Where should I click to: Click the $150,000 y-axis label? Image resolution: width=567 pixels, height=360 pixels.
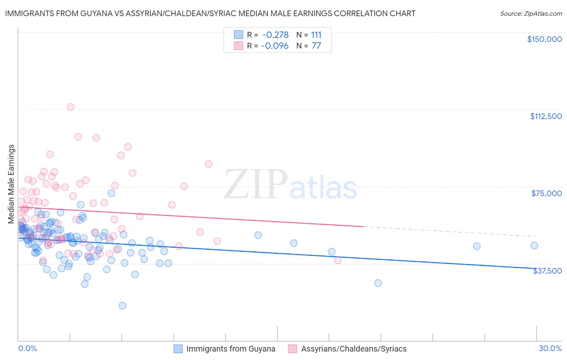point(544,39)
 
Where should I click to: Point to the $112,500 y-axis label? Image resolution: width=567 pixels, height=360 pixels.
point(546,116)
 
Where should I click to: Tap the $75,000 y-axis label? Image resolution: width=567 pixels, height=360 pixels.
point(546,193)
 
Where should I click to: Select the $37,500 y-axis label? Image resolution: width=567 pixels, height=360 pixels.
point(547,271)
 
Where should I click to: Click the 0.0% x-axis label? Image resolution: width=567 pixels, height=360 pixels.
point(27,348)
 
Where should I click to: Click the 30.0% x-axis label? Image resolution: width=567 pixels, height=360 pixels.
point(550,348)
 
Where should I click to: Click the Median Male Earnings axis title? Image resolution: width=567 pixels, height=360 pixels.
point(11,184)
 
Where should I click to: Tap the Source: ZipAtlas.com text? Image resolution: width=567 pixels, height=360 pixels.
point(531,14)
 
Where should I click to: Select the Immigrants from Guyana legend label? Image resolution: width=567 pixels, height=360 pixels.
point(231,349)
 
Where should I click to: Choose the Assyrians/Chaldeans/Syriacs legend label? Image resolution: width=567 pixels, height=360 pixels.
point(354,349)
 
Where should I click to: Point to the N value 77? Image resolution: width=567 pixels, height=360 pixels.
point(316,46)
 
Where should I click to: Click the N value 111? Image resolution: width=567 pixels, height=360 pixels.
point(316,35)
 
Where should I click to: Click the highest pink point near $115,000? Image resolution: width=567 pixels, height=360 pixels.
point(71,107)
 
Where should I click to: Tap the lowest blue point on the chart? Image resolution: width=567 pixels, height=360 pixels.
point(123,306)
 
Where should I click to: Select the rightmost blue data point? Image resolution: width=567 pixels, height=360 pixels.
point(534,246)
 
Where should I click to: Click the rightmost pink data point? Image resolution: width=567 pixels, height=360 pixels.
point(338,260)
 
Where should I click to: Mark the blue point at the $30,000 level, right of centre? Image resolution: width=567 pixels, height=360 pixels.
point(378,283)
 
